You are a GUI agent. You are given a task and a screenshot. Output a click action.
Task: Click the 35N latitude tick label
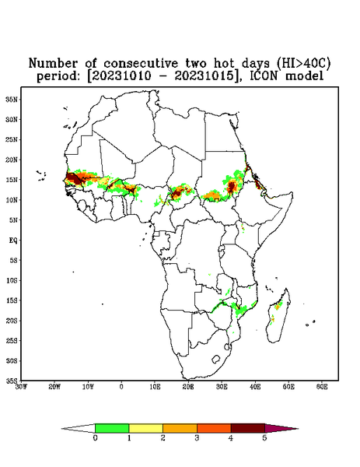[x=12, y=100]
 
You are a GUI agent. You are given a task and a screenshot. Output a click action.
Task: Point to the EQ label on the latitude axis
[x=12, y=241]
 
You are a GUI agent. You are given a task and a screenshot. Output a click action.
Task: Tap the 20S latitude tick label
[x=12, y=321]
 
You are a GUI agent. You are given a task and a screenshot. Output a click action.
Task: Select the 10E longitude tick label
[x=155, y=387]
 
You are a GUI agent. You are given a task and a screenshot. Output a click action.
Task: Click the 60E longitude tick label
[x=322, y=387]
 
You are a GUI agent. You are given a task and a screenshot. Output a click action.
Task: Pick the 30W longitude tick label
[x=21, y=387]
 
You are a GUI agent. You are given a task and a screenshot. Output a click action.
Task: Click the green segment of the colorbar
[x=112, y=428]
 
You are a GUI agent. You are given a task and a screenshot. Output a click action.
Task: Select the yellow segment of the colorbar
[x=145, y=428]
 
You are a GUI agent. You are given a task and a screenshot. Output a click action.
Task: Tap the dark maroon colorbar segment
[x=248, y=428]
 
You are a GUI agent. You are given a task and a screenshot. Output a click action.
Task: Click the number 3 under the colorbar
[x=197, y=438]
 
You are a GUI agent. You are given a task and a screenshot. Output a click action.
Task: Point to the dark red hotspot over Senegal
[x=73, y=179]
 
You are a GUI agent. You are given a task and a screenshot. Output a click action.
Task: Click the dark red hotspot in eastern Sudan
[x=232, y=187]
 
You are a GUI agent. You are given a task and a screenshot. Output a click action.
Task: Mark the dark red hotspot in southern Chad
[x=177, y=192]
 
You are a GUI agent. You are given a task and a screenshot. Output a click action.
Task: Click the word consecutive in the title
[x=141, y=63]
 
